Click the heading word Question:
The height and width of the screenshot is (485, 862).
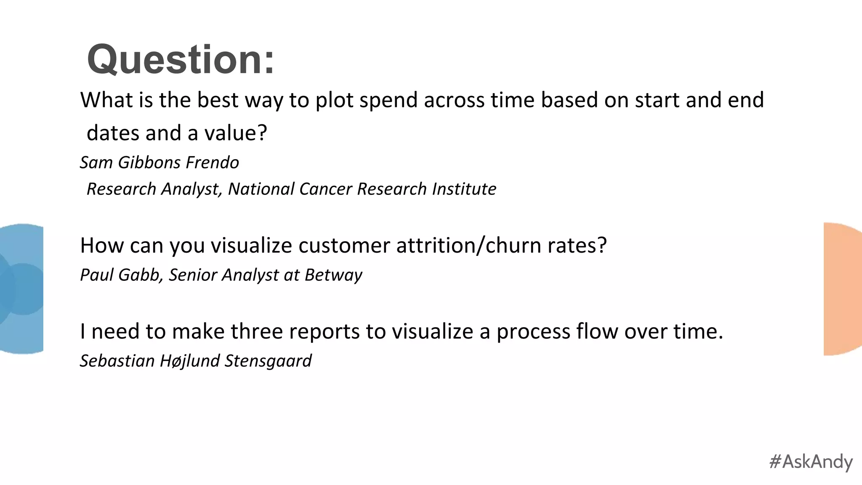(x=181, y=59)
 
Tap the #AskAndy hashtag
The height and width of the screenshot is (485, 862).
(x=811, y=461)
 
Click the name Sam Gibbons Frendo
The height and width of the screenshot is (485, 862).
(x=160, y=163)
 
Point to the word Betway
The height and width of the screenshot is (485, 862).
(x=333, y=275)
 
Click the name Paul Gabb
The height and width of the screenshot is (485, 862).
(x=121, y=275)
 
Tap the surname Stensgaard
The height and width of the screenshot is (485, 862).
(x=268, y=361)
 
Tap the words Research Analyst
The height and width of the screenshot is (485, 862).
(x=154, y=189)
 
